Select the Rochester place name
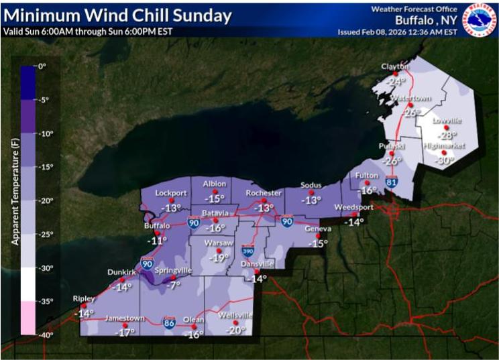pos(263,193)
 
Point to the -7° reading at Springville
pos(174,285)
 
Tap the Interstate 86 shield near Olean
pos(169,323)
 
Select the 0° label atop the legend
pos(42,66)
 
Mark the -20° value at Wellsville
pos(235,330)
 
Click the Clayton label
pos(395,67)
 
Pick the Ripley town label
pos(84,299)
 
